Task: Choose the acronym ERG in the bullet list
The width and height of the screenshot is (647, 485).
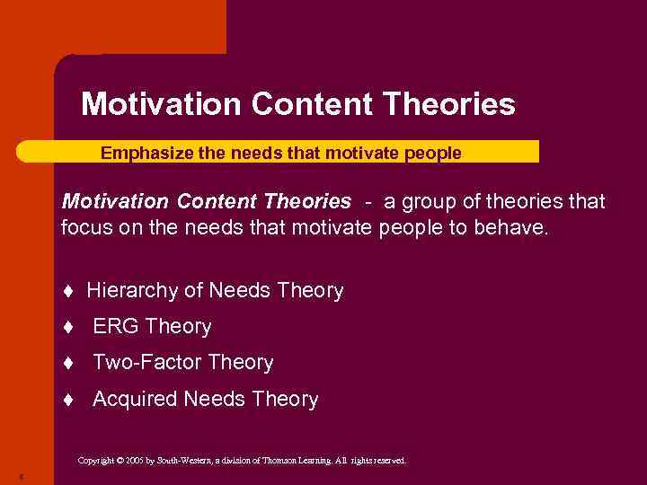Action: [116, 327]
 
